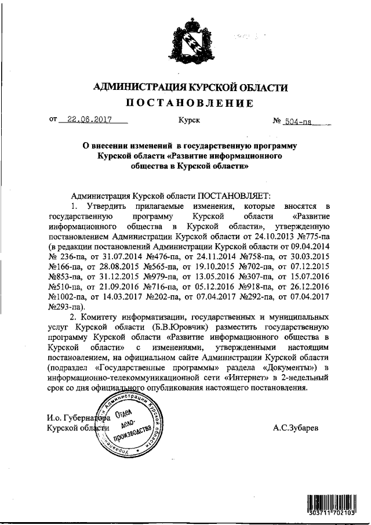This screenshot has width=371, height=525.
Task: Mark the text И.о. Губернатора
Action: click(74, 417)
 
